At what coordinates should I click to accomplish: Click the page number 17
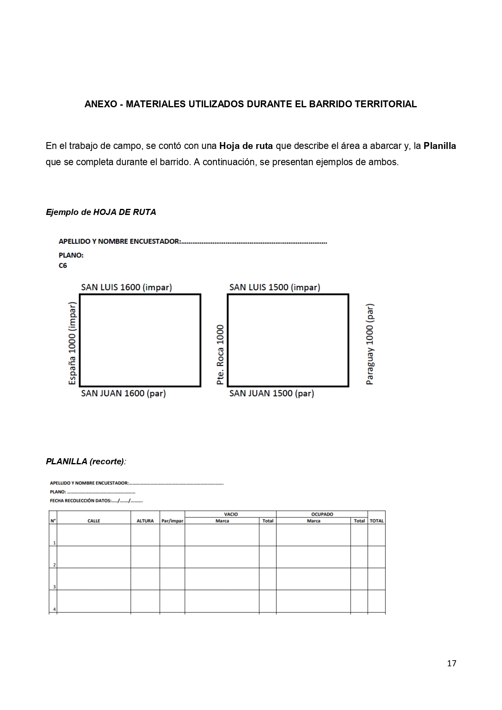click(x=451, y=663)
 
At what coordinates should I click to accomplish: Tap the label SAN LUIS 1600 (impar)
click(x=126, y=287)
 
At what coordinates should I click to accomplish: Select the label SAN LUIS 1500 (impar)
click(x=274, y=287)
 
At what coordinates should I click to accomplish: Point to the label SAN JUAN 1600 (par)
click(x=123, y=393)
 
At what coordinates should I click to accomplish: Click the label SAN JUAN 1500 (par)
click(x=271, y=393)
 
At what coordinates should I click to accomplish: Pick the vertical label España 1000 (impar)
click(x=72, y=343)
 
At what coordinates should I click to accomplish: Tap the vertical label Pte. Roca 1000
click(x=220, y=355)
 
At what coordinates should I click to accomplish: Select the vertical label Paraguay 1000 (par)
click(x=370, y=344)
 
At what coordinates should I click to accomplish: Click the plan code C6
click(x=63, y=266)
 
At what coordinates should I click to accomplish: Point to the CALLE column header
click(x=94, y=521)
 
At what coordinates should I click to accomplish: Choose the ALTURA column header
click(x=145, y=521)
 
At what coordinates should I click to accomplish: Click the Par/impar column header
click(x=172, y=521)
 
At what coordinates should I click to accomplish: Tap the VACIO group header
click(x=231, y=514)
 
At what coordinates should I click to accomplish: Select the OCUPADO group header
click(x=322, y=514)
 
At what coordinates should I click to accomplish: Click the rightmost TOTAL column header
click(x=377, y=521)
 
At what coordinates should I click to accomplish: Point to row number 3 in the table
click(x=54, y=587)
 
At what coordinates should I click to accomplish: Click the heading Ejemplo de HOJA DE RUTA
click(x=101, y=212)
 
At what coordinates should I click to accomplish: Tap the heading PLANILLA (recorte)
click(x=86, y=461)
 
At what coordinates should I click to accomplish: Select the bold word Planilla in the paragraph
click(x=440, y=146)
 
